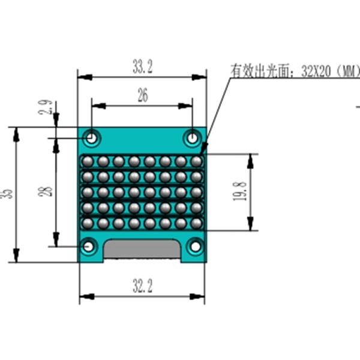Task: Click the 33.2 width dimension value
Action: (x=142, y=67)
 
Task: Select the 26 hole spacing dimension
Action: (x=142, y=96)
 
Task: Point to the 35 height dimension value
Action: (x=8, y=193)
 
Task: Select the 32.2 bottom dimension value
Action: (x=142, y=286)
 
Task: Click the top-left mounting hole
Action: (x=92, y=138)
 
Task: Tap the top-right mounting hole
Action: (x=192, y=138)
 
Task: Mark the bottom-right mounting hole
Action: (x=195, y=246)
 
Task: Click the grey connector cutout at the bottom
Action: (x=142, y=250)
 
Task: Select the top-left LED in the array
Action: (x=88, y=161)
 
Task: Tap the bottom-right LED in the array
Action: (x=196, y=223)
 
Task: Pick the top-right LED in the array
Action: (x=196, y=161)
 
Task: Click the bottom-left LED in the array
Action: (x=88, y=223)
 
